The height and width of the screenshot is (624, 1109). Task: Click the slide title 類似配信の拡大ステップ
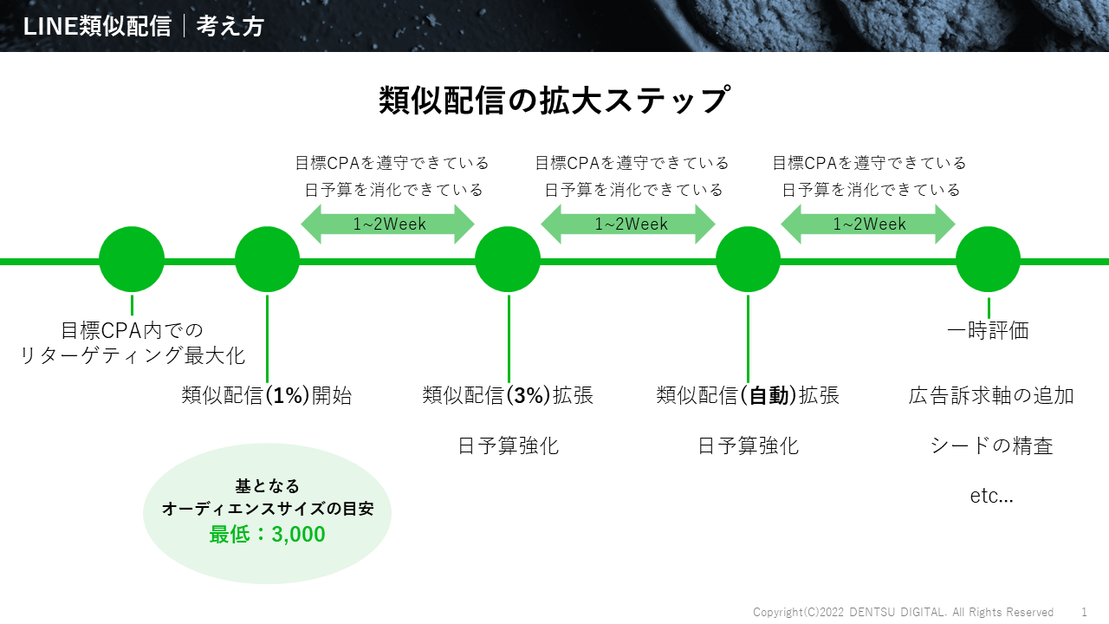554,101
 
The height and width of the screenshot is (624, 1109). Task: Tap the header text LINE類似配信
97,27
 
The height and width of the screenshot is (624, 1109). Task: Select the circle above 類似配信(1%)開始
267,260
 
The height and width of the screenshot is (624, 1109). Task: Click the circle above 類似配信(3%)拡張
508,260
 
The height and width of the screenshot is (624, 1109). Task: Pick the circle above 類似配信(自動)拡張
748,260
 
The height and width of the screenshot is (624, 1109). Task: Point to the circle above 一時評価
988,260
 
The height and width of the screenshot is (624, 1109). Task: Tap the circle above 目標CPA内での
132,260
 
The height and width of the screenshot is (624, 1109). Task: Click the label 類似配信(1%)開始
267,396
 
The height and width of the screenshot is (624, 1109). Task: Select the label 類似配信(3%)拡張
508,396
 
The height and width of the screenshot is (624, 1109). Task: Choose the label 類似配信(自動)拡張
748,396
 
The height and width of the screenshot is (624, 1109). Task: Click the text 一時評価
988,330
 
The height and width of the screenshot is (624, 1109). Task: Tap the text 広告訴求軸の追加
991,396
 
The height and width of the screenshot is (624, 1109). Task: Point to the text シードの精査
991,446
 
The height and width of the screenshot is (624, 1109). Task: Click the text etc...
991,497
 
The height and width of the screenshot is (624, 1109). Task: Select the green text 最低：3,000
267,535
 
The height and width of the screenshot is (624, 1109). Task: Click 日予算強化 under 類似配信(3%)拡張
508,446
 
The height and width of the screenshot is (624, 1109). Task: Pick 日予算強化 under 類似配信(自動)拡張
748,446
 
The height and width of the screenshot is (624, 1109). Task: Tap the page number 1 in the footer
1084,612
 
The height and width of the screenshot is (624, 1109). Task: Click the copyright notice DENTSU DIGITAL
903,612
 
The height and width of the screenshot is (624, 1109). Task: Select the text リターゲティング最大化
133,355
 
